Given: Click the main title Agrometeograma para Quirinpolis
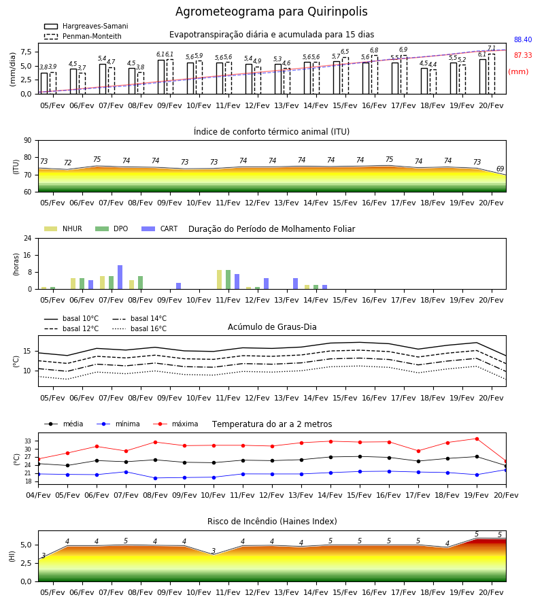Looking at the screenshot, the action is coord(271,12).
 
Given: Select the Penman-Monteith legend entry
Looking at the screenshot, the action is coord(83,36).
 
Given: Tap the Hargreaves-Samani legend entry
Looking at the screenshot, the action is coord(86,26).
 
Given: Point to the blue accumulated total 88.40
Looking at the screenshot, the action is coord(523,39).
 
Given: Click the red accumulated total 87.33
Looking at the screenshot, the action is coord(523,55).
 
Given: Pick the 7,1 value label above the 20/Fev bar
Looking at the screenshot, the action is coord(492,48).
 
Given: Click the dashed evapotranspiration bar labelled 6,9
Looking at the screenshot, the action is coord(403,75).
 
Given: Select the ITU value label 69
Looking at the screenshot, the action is coord(500,169).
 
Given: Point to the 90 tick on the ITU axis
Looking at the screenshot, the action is coord(28,140).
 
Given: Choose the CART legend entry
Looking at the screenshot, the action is coord(160,228).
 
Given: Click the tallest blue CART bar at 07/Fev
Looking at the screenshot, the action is coord(120,277).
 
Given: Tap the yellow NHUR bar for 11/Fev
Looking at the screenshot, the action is coord(220,279).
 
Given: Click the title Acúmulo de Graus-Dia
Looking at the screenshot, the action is coord(272,327).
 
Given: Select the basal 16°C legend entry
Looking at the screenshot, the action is coord(139,328).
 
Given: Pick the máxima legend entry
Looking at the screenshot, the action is coord(175,424).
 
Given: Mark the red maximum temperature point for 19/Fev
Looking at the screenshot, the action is coord(477,439).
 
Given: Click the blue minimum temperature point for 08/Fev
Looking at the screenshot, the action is coord(155,478).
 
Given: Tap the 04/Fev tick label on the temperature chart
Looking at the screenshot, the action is coord(38,495).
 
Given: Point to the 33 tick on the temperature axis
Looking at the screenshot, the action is coord(28,441).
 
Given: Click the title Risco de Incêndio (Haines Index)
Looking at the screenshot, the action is coord(272,522).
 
